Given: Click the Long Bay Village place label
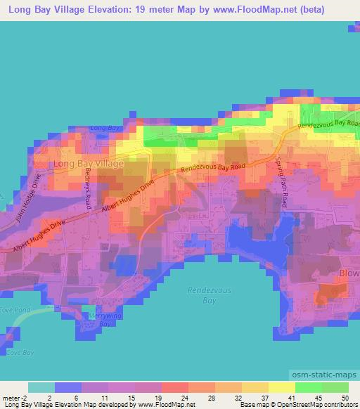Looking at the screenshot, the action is tap(88, 164).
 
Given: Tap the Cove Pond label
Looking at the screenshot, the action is tap(13, 309).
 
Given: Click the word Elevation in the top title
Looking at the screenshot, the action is tap(112, 9).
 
